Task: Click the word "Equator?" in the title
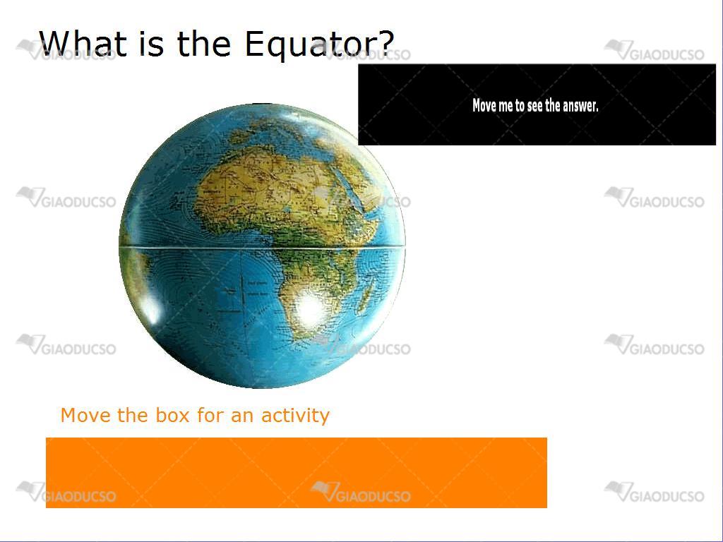[319, 44]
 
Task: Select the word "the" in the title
[203, 43]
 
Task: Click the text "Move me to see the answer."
[535, 106]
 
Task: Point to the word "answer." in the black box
[580, 107]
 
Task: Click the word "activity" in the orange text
[295, 415]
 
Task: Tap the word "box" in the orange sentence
[172, 415]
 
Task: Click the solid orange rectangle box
[297, 473]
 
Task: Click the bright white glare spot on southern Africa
[310, 308]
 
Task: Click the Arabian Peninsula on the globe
[369, 184]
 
